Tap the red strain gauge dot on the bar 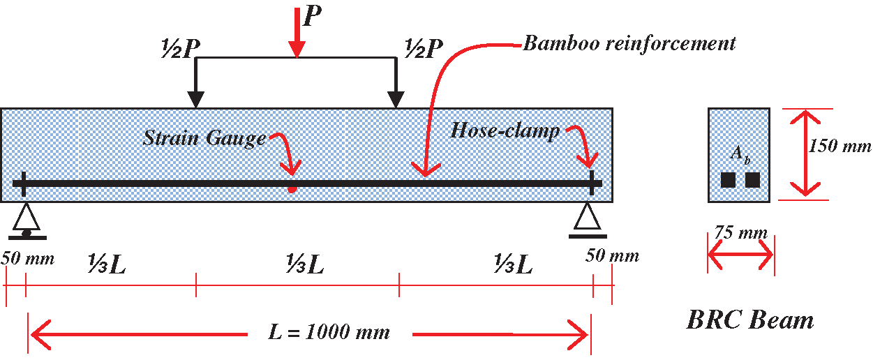coord(292,189)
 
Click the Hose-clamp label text coord(505,131)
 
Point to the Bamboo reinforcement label coord(629,43)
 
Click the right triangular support coord(586,218)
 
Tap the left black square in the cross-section coord(729,180)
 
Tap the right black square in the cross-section coord(752,180)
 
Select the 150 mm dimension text coord(840,147)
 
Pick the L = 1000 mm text coord(329,332)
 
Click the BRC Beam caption coord(750,320)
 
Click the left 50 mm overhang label coord(27,258)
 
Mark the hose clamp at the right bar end coord(592,183)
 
